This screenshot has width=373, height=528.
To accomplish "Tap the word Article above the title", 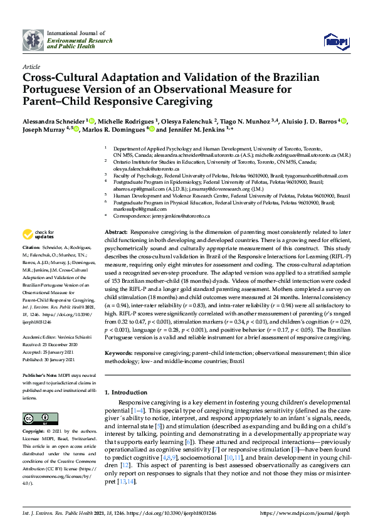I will [x=31, y=66].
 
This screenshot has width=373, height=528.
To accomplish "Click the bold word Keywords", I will [x=119, y=354].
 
